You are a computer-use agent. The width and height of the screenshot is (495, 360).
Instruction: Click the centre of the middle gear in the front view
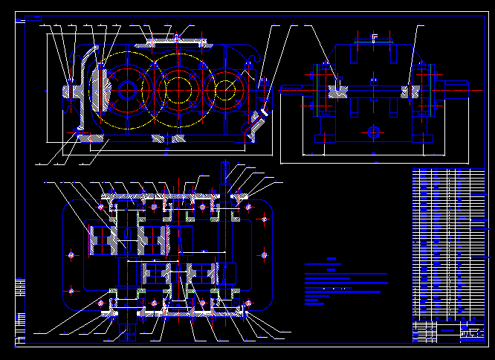(x=179, y=89)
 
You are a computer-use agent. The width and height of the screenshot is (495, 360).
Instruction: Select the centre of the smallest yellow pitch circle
(x=227, y=89)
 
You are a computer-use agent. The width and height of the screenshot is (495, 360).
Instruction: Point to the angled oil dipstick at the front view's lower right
(x=256, y=120)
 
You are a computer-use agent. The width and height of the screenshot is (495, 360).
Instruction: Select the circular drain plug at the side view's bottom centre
(x=374, y=132)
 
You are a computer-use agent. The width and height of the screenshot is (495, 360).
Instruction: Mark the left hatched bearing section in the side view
(x=339, y=91)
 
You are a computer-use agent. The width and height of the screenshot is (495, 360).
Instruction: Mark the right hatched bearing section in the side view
(x=410, y=91)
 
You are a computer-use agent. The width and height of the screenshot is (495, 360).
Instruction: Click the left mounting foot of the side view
(x=320, y=138)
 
